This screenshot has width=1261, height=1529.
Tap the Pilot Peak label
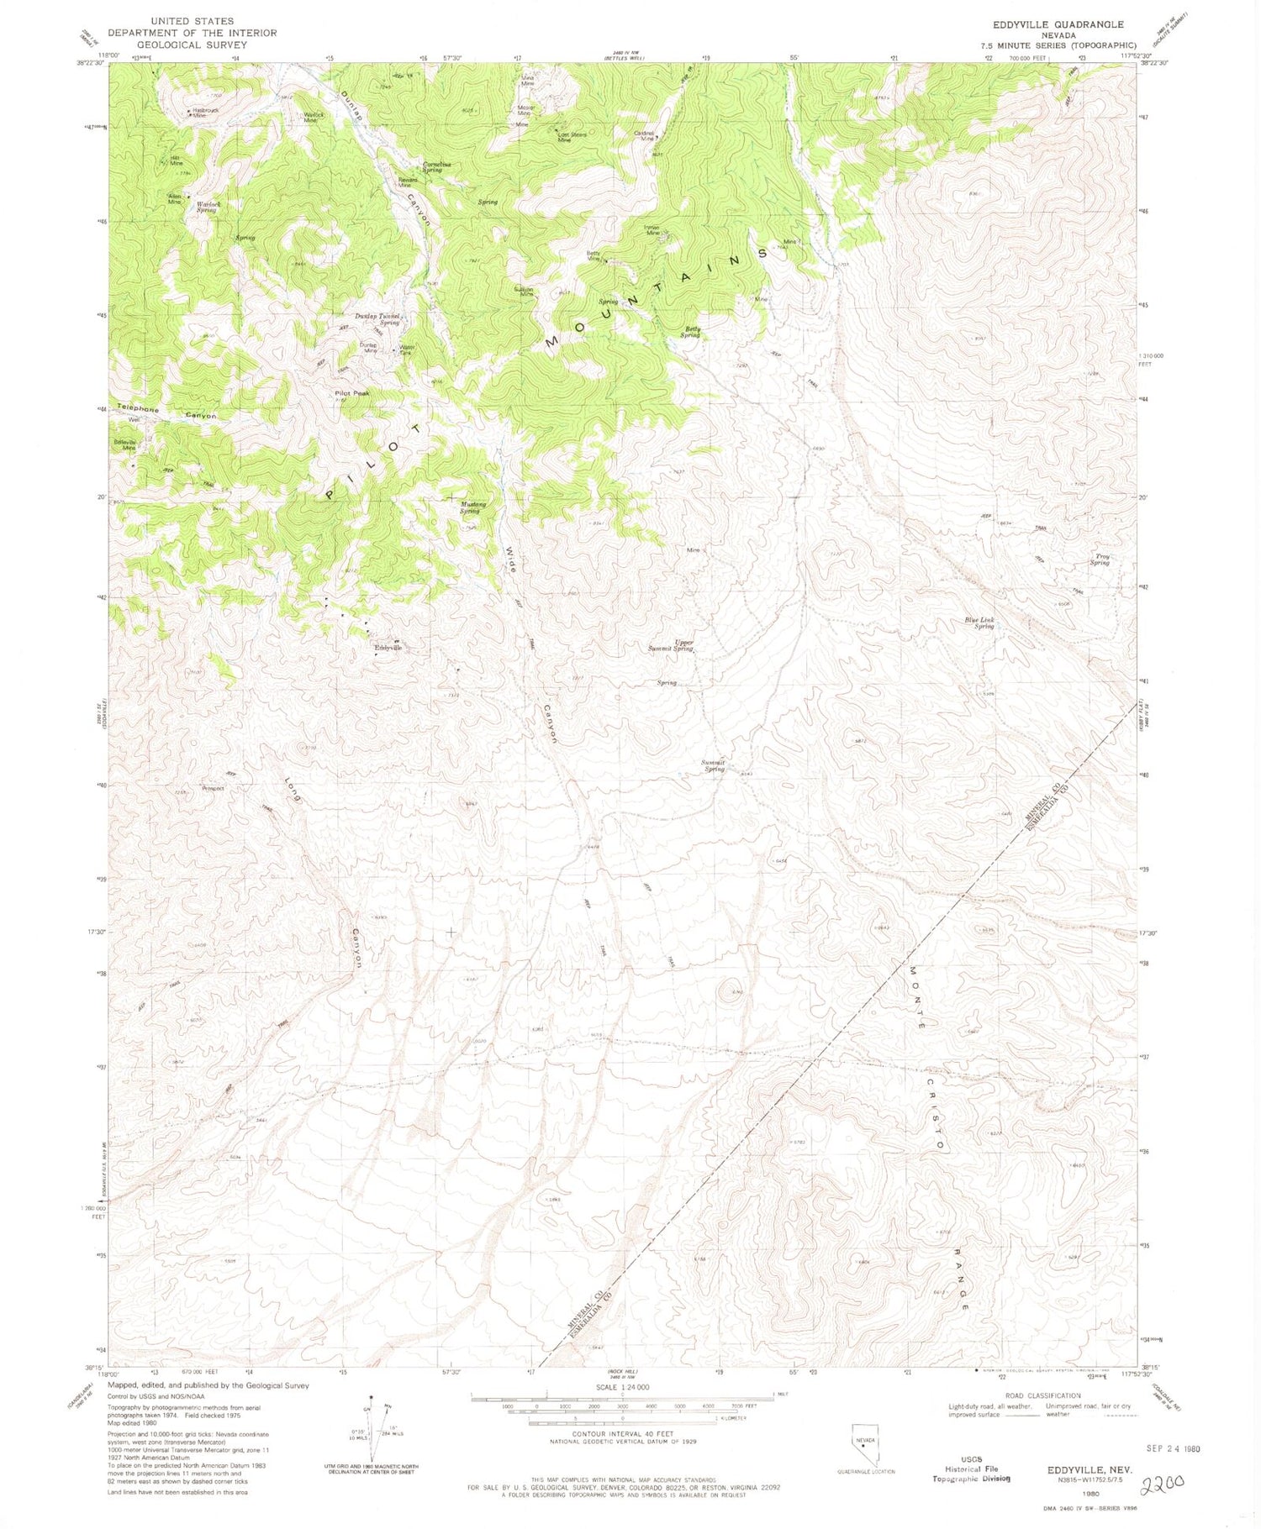tap(351, 393)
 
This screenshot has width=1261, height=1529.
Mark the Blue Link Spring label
tap(979, 623)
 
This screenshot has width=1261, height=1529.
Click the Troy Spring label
tap(1100, 560)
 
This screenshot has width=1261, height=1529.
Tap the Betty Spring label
tap(691, 332)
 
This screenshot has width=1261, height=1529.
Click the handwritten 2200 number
tap(1161, 1502)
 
